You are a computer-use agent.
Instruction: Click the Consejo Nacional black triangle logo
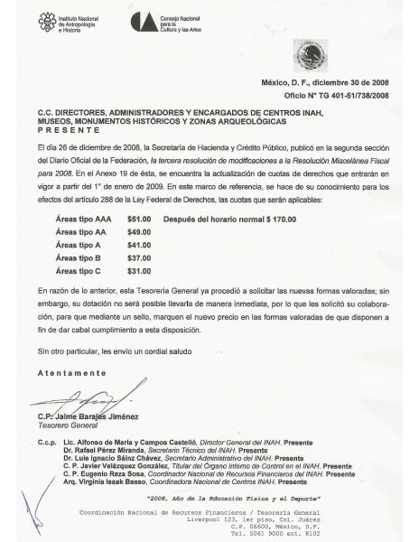(x=141, y=23)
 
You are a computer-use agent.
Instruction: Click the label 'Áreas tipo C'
(x=78, y=270)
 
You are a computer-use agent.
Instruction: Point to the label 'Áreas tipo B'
(x=78, y=257)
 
